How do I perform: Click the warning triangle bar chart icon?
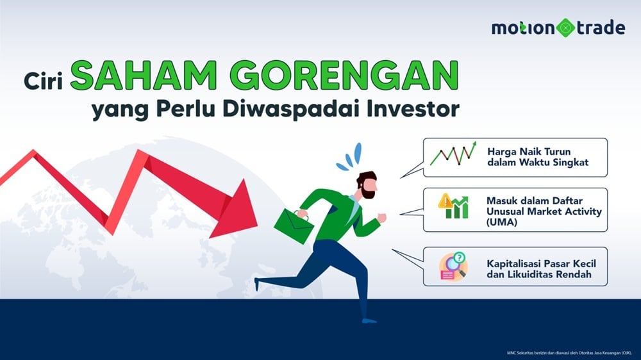click(x=453, y=206)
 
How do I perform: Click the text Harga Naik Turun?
click(x=524, y=151)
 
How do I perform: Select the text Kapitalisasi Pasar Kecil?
click(x=537, y=263)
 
